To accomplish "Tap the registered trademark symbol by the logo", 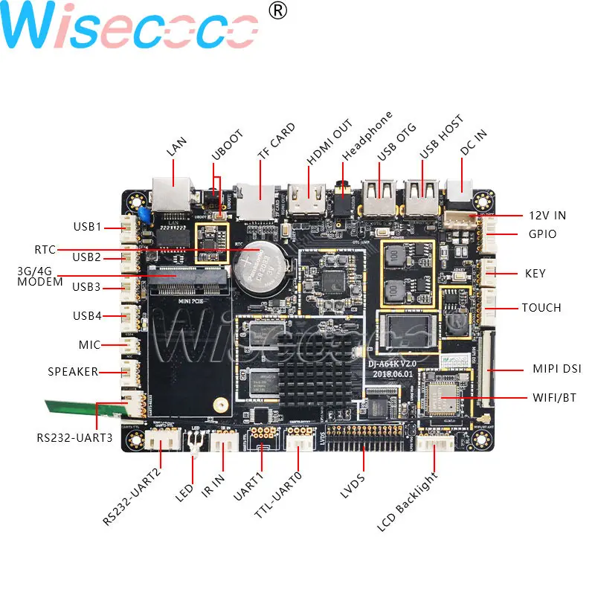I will pyautogui.click(x=277, y=11).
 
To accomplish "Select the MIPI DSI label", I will pyautogui.click(x=557, y=368).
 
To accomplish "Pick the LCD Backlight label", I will pyautogui.click(x=408, y=501).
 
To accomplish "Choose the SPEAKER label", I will pyautogui.click(x=73, y=371).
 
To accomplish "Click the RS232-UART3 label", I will pyautogui.click(x=74, y=437).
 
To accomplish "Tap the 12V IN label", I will pyautogui.click(x=547, y=216).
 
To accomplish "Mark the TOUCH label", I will pyautogui.click(x=541, y=307).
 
